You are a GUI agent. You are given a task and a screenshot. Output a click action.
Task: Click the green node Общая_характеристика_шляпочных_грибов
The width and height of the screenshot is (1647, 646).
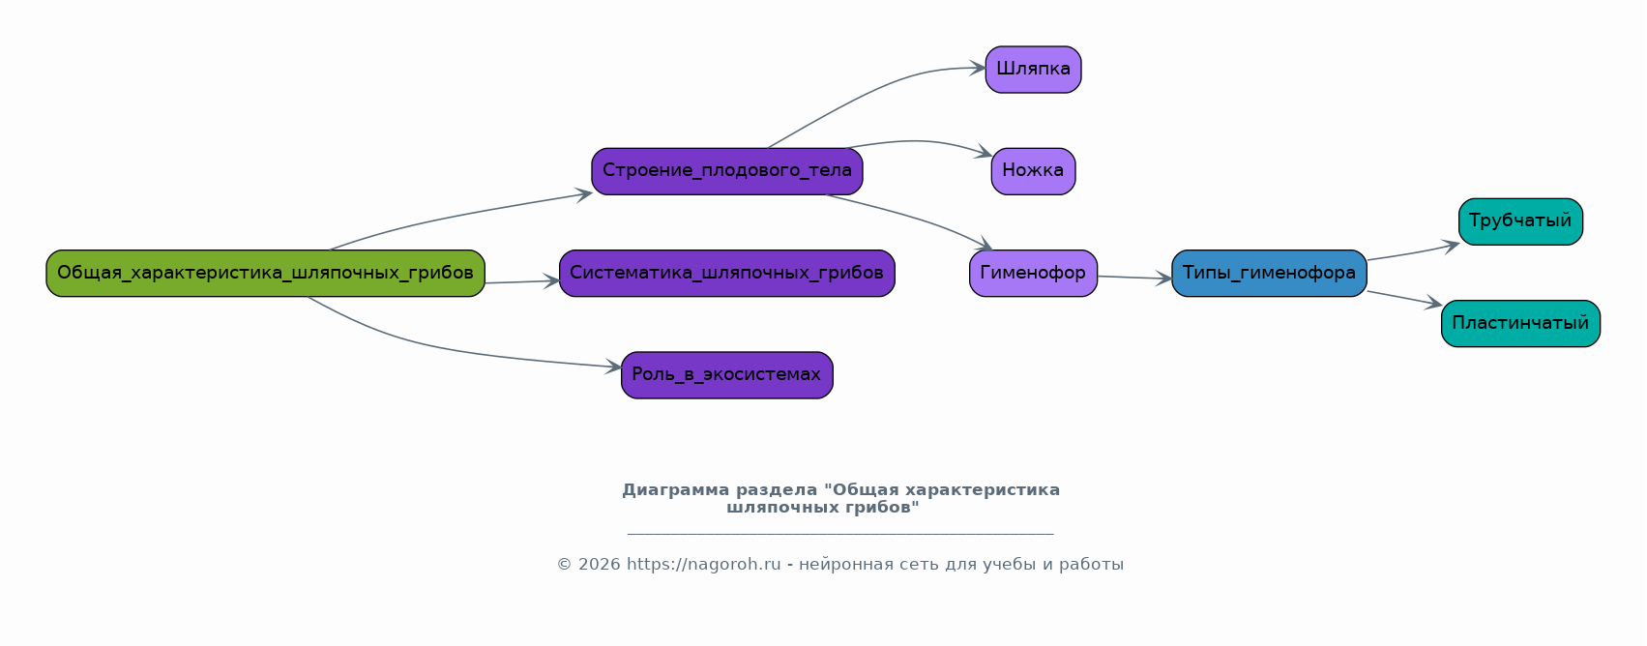tap(265, 274)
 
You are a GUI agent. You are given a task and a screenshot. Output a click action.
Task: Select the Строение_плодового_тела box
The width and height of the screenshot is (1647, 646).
tap(727, 171)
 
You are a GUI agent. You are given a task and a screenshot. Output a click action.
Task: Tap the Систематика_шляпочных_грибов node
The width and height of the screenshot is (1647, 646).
tap(727, 274)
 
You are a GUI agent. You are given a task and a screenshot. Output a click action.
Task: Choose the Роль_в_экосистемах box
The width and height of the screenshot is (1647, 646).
tap(727, 375)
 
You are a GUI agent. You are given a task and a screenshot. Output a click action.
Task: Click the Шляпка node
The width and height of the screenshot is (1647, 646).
tap(1033, 70)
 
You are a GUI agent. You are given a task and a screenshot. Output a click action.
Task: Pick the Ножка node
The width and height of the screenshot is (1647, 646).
tap(1033, 171)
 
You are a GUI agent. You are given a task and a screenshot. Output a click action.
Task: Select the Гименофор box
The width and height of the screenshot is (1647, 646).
tap(1033, 274)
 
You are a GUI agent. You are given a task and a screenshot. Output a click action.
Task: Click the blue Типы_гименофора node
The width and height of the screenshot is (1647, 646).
tap(1269, 274)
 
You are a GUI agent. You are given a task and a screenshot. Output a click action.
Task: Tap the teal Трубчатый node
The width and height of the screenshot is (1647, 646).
tap(1520, 222)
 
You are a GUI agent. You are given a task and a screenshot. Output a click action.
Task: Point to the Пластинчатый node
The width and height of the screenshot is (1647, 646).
tap(1520, 323)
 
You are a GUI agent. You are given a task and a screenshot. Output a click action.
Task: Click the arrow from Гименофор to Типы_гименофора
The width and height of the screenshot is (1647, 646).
tap(1134, 278)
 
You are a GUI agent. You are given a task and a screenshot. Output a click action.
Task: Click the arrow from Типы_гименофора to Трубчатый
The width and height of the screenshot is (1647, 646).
tap(1413, 252)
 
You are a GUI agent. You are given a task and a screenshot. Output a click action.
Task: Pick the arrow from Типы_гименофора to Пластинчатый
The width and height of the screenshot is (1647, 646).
tap(1404, 299)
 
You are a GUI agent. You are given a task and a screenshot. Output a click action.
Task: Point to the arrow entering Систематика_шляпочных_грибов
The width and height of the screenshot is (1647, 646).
tap(522, 281)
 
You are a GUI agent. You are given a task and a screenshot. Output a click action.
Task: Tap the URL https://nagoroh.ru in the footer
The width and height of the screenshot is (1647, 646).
tap(704, 565)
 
